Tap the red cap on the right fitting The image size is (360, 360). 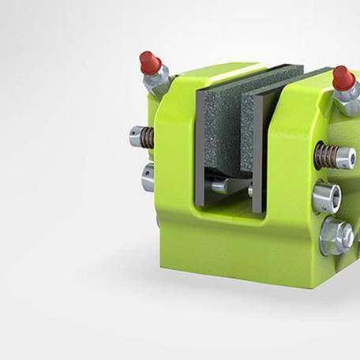coord(342,77)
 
